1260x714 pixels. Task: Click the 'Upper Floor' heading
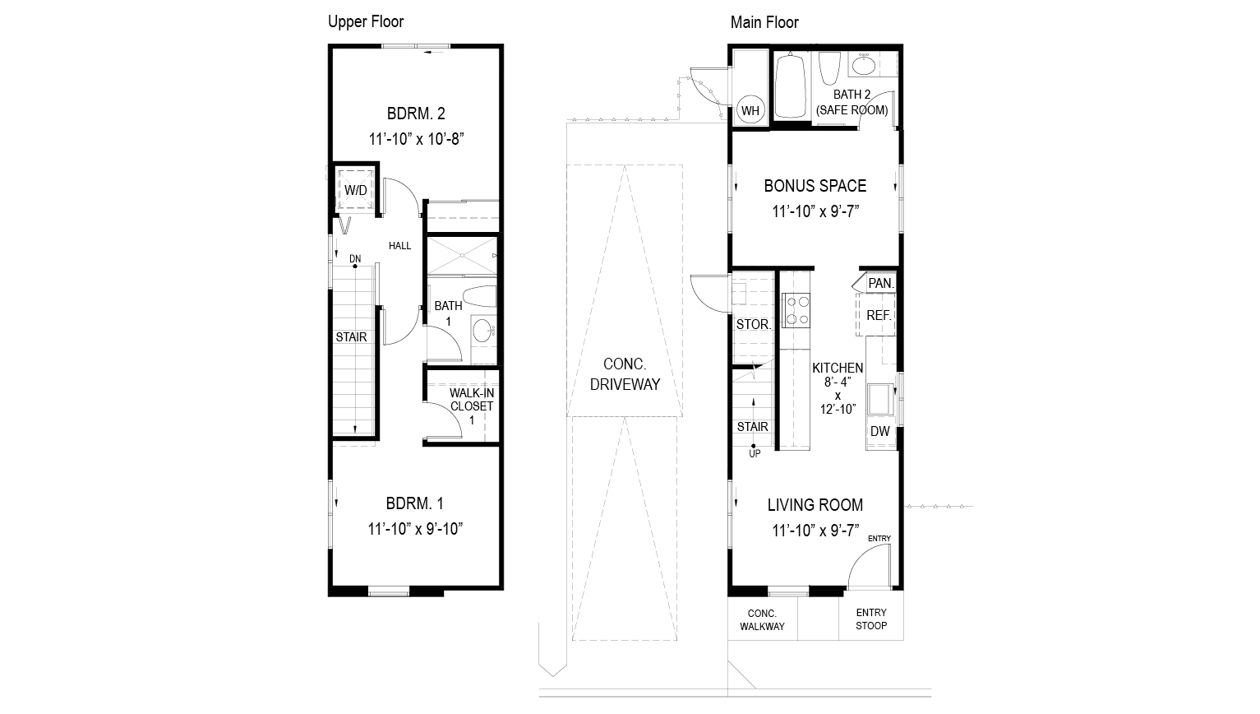(x=366, y=21)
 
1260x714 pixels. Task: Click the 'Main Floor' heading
(x=764, y=22)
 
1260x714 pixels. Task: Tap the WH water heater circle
(x=750, y=110)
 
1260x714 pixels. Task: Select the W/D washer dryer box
(x=356, y=190)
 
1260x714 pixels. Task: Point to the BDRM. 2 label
(x=416, y=114)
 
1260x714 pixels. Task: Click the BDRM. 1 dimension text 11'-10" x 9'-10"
(x=416, y=528)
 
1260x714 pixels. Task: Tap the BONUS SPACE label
(x=815, y=186)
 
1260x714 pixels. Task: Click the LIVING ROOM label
(x=815, y=505)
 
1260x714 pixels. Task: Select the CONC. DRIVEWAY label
(x=625, y=373)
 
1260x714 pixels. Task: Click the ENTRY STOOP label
(x=871, y=619)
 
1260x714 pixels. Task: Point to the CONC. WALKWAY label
(x=762, y=620)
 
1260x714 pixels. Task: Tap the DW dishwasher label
(x=879, y=432)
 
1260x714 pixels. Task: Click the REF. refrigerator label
(x=879, y=315)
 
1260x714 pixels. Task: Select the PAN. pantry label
(x=880, y=283)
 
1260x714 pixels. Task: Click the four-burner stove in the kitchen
(x=796, y=311)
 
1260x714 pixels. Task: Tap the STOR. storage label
(x=753, y=324)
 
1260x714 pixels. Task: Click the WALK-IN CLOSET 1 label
(x=471, y=406)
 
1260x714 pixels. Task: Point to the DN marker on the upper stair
(x=355, y=259)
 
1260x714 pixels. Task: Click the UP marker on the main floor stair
(x=754, y=453)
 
